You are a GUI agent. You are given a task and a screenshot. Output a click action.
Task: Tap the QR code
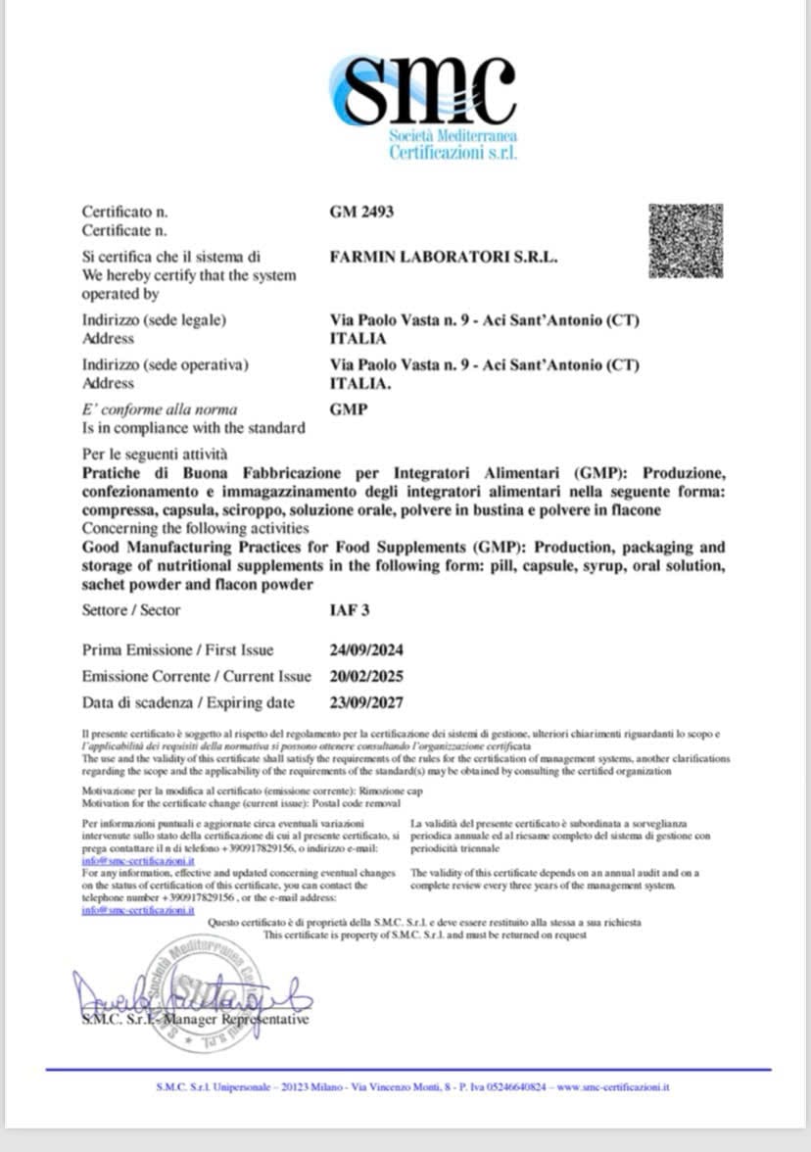pos(686,241)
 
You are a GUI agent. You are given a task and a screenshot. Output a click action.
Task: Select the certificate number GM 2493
pos(362,212)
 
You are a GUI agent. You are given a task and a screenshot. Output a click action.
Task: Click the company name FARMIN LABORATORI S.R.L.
pos(445,257)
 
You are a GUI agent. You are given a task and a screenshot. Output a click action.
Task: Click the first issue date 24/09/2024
pos(367,650)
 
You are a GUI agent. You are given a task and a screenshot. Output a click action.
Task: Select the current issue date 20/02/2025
pos(367,677)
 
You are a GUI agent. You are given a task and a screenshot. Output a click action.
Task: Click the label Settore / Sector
pos(131,610)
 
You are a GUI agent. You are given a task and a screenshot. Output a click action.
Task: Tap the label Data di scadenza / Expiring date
pos(188,702)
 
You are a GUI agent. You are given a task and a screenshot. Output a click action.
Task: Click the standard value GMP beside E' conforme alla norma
pos(350,409)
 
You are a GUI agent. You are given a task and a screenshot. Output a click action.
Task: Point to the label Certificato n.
pos(124,212)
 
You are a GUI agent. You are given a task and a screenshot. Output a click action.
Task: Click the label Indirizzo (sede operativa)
pos(165,364)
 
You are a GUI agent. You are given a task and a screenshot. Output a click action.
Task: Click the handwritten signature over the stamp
pos(191,998)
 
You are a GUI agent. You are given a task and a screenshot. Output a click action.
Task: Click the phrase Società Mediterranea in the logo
pos(453,135)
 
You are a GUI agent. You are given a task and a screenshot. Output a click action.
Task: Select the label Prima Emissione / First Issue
pos(178,650)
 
